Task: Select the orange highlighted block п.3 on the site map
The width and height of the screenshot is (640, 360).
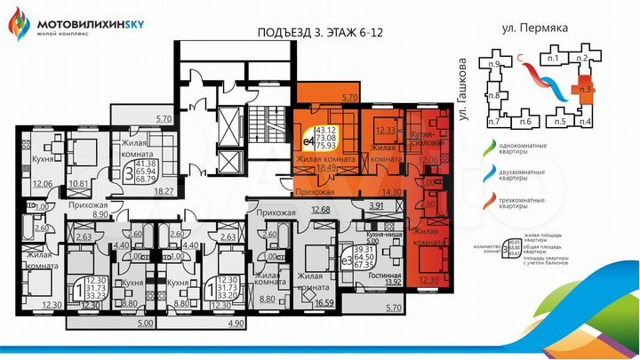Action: [x=584, y=89]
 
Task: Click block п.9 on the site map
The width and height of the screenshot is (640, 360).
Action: [x=494, y=64]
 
